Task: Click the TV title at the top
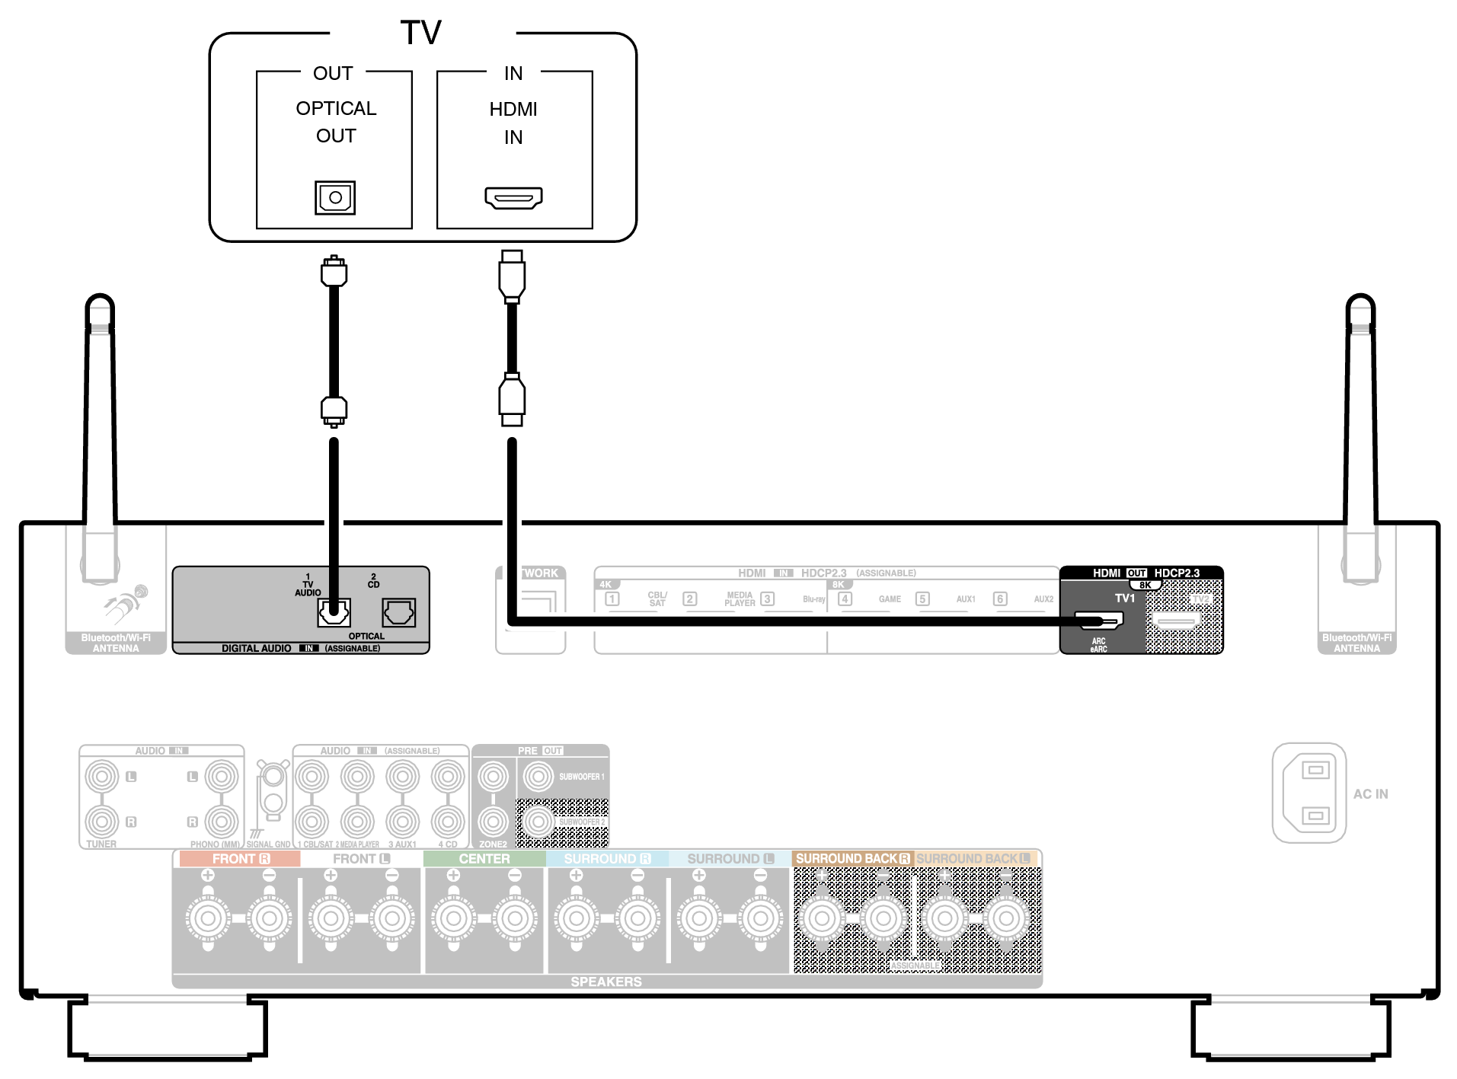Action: tap(420, 33)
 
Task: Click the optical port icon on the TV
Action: tap(335, 198)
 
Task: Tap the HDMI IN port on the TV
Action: tap(514, 198)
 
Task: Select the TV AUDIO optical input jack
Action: tap(334, 611)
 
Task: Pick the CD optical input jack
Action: tap(399, 611)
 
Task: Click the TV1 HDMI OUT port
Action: tap(1098, 621)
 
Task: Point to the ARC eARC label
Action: tap(1098, 645)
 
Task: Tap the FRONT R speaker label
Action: tap(240, 858)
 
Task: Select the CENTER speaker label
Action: tap(484, 858)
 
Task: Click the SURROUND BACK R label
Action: tap(852, 858)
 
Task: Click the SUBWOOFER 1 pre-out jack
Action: tap(538, 777)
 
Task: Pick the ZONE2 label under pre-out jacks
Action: tap(493, 844)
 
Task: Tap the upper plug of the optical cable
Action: tap(334, 272)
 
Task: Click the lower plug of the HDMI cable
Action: tap(512, 400)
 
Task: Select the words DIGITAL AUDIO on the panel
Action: tap(256, 648)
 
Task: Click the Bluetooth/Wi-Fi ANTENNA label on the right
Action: tap(1356, 643)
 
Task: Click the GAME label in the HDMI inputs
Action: tap(890, 599)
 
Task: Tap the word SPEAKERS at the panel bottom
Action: tap(606, 982)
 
